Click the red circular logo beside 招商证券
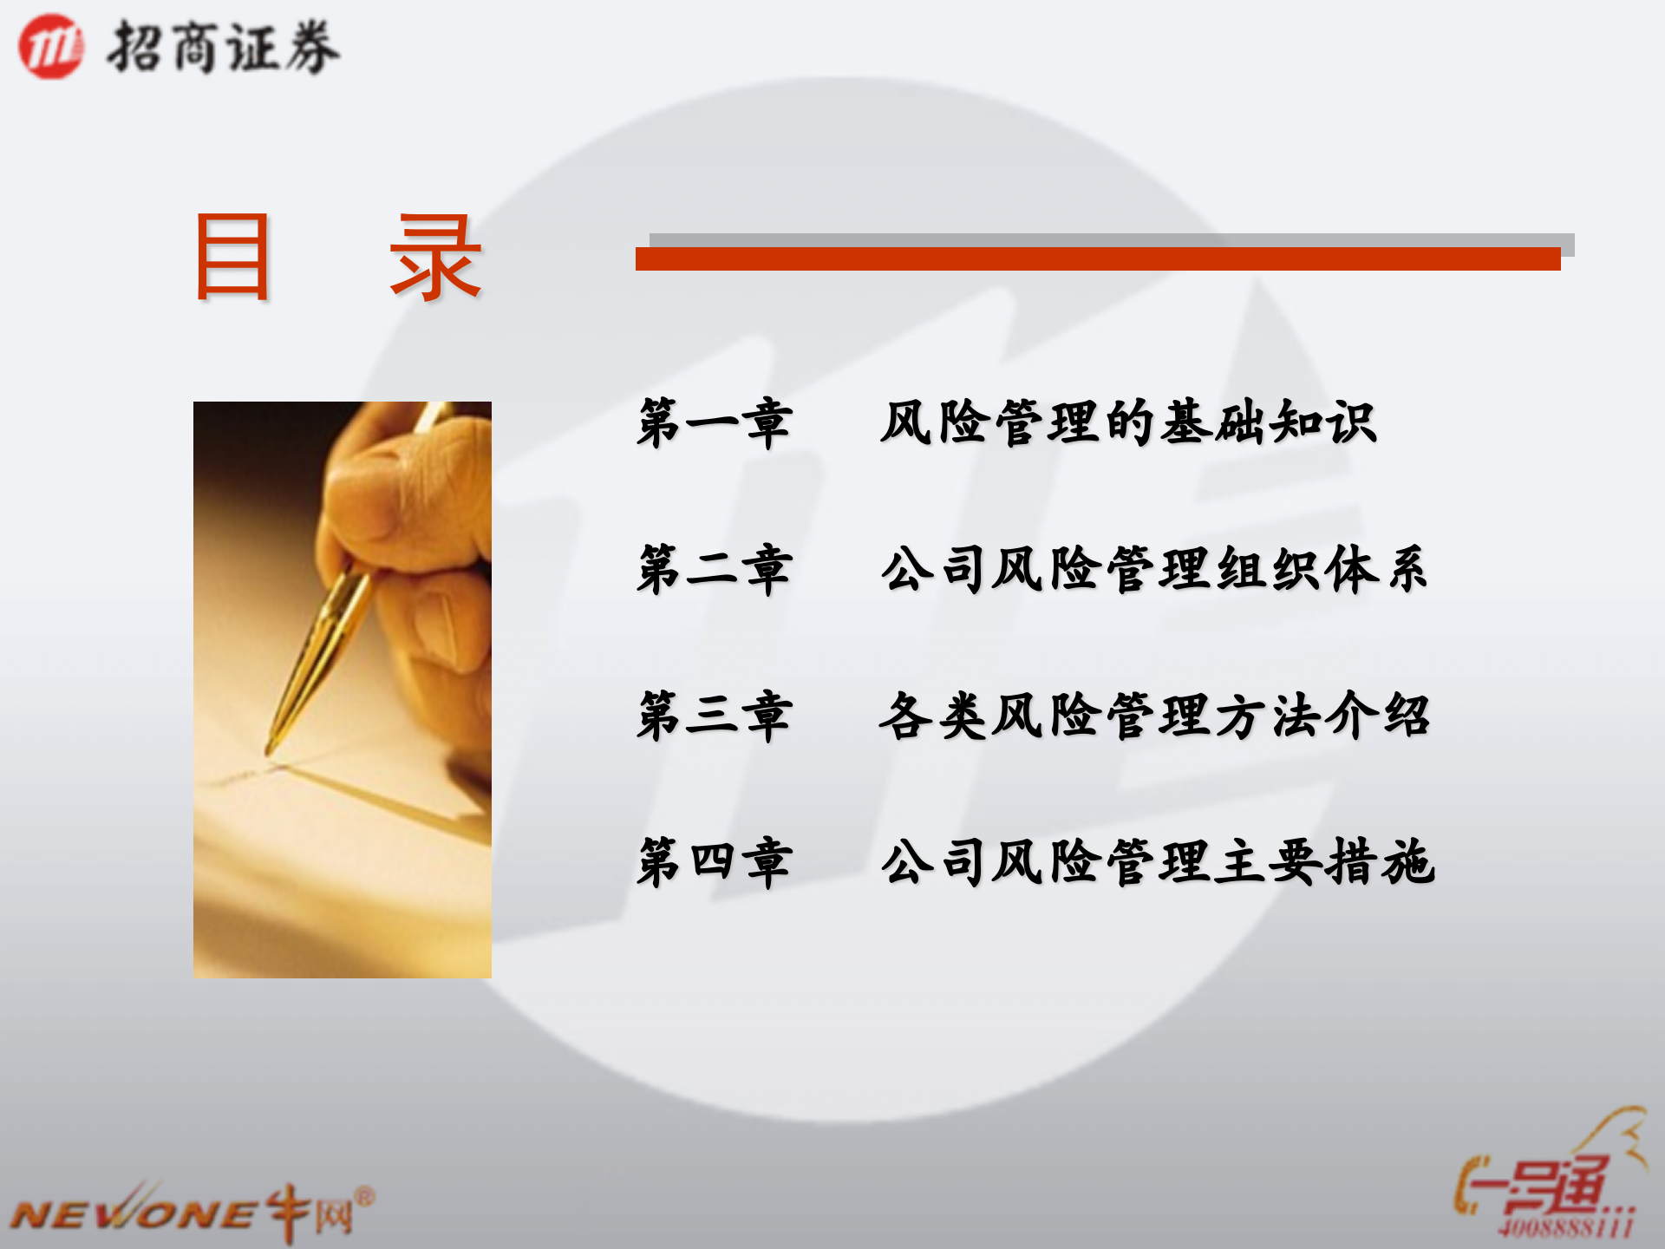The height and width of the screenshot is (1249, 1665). point(51,47)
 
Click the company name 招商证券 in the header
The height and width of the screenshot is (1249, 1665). point(223,48)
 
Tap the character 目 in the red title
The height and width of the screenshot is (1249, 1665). point(232,258)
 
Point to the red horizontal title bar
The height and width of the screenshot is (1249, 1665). point(1097,258)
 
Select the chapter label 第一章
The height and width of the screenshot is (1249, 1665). point(714,423)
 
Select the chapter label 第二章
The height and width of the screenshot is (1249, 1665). point(714,570)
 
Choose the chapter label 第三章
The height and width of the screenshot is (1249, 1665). point(714,716)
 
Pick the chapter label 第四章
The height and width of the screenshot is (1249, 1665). point(714,862)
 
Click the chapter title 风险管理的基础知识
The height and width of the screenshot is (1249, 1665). point(1127,423)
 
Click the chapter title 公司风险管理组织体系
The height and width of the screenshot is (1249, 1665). point(1153,570)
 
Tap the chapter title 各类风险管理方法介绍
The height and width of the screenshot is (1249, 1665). point(1153,716)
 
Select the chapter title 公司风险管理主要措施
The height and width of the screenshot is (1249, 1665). point(1158,862)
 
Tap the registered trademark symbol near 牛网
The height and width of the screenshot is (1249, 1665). point(365,1198)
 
